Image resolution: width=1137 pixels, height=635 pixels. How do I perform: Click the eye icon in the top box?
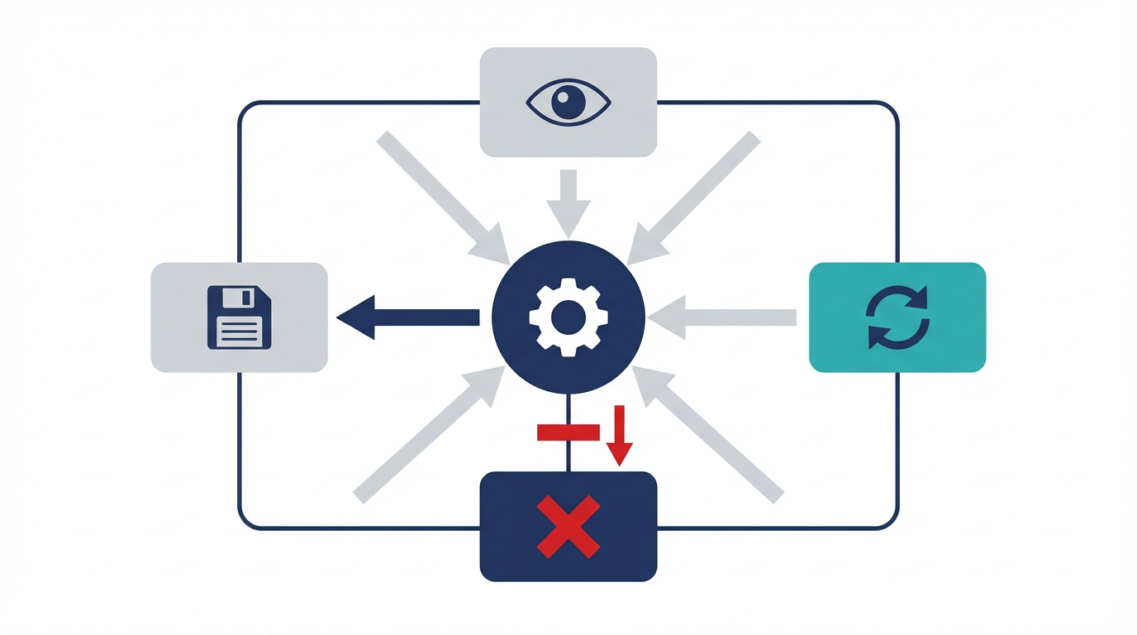click(568, 103)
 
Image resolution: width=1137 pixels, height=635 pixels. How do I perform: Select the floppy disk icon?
click(239, 317)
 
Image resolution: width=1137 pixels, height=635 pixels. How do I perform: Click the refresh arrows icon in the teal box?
click(897, 317)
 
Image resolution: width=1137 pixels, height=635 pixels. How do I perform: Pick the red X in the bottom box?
click(568, 527)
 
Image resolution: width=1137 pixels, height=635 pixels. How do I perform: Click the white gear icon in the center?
click(568, 317)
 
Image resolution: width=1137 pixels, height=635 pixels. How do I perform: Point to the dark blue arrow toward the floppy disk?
click(408, 317)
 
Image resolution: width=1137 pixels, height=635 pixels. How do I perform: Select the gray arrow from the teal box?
click(722, 317)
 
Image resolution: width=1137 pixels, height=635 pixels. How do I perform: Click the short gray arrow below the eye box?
click(568, 202)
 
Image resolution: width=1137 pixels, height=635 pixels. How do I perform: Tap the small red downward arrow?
click(620, 436)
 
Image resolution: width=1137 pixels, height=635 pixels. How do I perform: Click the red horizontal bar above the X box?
click(568, 432)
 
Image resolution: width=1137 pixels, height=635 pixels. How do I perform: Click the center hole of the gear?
click(568, 317)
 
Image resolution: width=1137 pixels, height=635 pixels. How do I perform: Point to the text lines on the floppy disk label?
click(239, 332)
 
